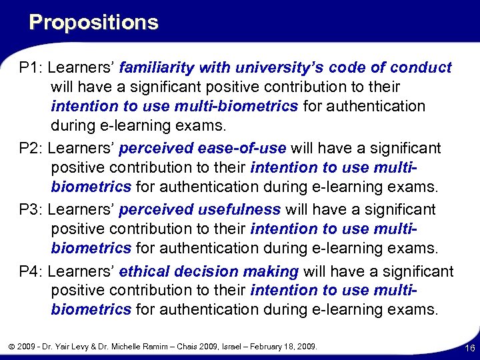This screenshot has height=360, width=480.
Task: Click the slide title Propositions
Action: [94, 23]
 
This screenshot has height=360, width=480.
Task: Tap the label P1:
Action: [31, 68]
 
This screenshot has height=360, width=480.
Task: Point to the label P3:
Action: [31, 209]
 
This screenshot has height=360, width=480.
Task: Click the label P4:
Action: [31, 271]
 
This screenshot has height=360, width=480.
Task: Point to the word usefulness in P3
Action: [240, 209]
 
